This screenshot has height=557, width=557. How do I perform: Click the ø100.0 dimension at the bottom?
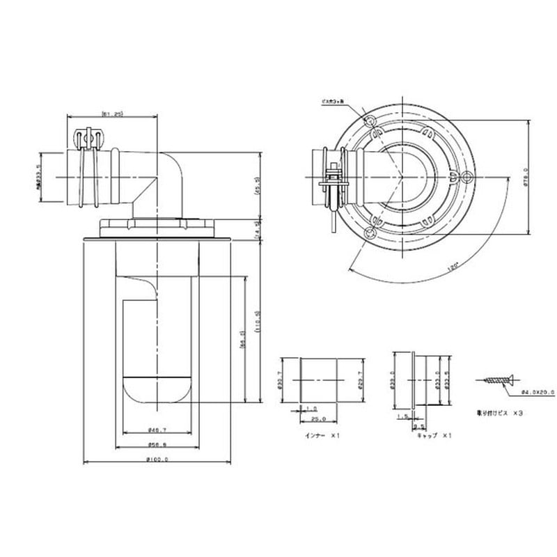159,459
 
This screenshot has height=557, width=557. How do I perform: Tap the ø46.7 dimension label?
159,430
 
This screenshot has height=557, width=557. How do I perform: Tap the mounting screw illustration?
496,380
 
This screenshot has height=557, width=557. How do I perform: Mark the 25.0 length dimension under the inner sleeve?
319,419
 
